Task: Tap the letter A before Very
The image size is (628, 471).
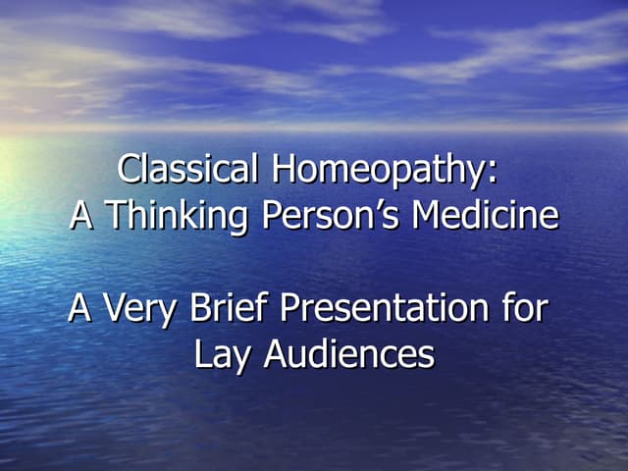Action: point(79,308)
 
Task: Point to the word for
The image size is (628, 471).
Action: point(520,308)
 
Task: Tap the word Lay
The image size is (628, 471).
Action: point(216,355)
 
